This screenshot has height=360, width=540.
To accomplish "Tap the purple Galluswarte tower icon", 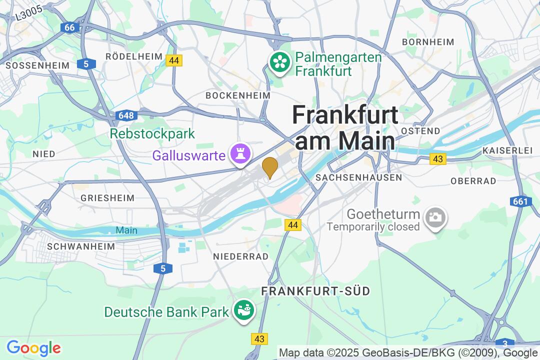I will coord(239,154).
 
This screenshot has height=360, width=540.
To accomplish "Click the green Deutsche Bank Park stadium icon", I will coord(244,310).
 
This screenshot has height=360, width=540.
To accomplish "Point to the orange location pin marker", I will coord(270,167).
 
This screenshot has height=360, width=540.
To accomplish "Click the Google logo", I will coord(33,348).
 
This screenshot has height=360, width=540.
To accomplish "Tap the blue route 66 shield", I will coord(69,27).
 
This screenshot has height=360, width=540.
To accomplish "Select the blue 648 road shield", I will coord(126,116).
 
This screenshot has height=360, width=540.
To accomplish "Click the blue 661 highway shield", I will coord(520,201).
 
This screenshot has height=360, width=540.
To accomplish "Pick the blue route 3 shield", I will coord(505,343).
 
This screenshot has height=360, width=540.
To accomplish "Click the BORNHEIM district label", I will coord(428,42).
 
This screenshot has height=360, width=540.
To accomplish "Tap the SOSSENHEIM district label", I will coord(30,65).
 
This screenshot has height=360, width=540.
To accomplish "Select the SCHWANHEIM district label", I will coord(81,246).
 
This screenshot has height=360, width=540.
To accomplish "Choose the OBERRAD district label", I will coord(473,181).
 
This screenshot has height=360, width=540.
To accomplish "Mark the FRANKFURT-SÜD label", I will coord(315,291).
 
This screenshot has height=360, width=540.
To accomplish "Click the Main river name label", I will coord(126,230).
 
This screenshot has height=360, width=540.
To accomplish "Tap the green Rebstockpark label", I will coord(152,134).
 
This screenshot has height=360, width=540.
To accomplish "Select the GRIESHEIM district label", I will coord(107,198).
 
